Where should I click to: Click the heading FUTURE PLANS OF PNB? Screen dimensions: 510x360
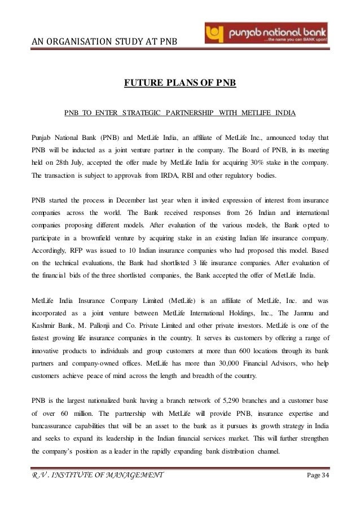(x=179, y=85)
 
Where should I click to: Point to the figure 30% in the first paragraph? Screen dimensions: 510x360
(x=257, y=163)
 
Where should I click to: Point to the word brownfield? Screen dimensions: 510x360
(x=93, y=242)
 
